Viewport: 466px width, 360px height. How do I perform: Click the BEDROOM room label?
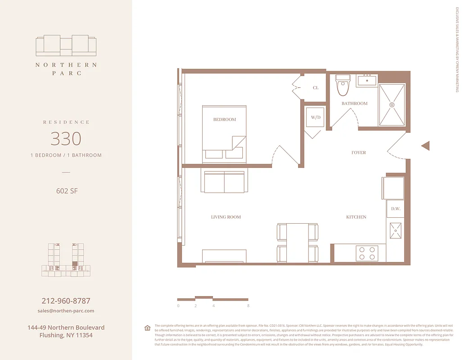tap(224, 119)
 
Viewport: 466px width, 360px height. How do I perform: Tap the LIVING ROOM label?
tap(226, 217)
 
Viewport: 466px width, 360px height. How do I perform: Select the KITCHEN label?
tap(356, 217)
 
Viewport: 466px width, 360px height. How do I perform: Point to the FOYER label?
tap(359, 153)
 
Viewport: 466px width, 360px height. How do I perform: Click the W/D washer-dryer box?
tap(315, 117)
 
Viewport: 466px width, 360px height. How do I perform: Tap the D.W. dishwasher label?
tap(396, 209)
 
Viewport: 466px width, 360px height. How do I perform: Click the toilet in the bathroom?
tap(343, 85)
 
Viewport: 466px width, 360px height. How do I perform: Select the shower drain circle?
tap(392, 104)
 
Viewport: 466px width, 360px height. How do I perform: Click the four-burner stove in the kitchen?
tap(366, 253)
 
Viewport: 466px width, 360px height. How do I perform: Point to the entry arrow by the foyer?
tap(425, 146)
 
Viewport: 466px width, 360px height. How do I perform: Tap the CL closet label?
tap(316, 88)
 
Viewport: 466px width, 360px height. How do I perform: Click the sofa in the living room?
tap(224, 182)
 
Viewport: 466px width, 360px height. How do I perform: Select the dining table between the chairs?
tap(297, 243)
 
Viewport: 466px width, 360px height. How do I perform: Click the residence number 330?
tap(66, 139)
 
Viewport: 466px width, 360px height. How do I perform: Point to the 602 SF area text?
tap(66, 191)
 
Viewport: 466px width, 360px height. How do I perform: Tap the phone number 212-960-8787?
tap(66, 301)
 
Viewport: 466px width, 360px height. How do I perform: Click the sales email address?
tap(66, 311)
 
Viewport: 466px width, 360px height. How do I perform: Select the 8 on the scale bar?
tap(248, 306)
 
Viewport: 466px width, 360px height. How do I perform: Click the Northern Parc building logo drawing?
tap(66, 45)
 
